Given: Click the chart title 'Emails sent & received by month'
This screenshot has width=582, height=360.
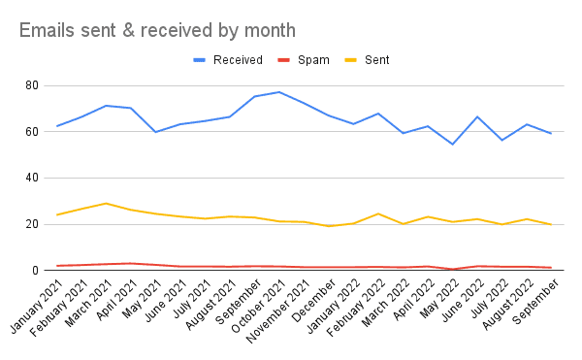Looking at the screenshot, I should [x=157, y=30].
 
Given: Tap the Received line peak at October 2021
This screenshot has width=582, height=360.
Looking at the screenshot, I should [x=279, y=92].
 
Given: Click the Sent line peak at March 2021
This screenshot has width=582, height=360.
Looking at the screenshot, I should [x=107, y=204].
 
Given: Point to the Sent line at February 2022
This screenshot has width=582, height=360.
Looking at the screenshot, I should [x=378, y=213].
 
